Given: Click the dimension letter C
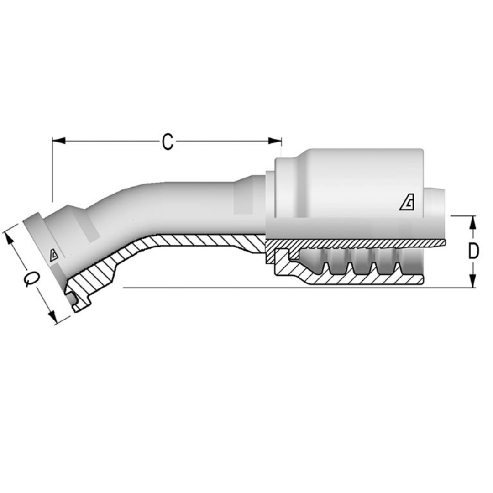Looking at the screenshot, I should pos(168,142).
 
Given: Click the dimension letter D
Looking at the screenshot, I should pos(473,252).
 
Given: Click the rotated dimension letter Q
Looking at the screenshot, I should pos(31,278).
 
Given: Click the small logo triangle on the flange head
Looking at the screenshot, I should pos(54,255).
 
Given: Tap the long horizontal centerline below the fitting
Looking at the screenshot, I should pos(297,288).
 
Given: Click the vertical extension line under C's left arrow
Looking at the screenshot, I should pos(52,173).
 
